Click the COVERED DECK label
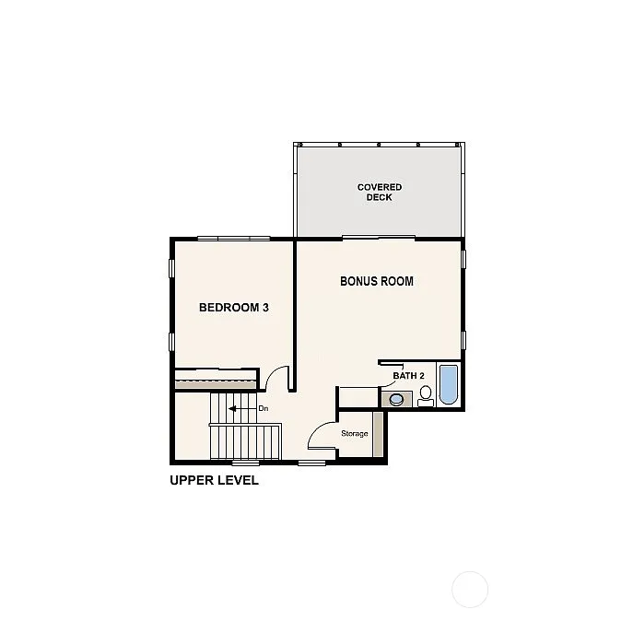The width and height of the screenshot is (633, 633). click(x=380, y=192)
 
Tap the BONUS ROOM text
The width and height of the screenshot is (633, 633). click(x=376, y=281)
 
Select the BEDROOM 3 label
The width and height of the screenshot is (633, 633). click(x=233, y=308)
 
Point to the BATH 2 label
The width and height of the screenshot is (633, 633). click(x=408, y=376)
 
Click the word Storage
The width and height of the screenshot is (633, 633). click(x=355, y=433)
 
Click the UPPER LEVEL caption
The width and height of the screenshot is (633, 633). click(x=214, y=480)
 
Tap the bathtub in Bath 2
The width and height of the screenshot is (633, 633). click(x=448, y=385)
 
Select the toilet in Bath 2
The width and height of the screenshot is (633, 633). click(x=426, y=395)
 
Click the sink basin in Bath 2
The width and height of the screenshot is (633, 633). click(x=397, y=399)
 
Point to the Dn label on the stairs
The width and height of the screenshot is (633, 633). click(x=263, y=408)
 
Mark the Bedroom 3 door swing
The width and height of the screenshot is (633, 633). click(x=275, y=378)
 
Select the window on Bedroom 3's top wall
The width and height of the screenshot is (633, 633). click(x=233, y=239)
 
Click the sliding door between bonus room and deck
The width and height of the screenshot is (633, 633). click(x=378, y=239)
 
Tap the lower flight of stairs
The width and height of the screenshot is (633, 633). click(x=246, y=441)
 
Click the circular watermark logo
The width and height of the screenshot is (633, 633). click(x=470, y=589)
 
